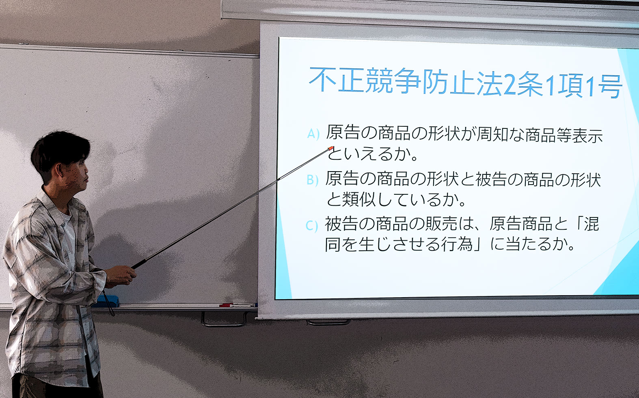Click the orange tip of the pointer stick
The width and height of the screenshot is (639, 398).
click(x=331, y=148)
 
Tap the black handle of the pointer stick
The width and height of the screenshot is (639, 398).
click(x=139, y=264)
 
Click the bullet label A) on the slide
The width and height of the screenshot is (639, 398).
click(x=313, y=134)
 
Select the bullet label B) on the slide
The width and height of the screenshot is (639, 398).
click(x=312, y=180)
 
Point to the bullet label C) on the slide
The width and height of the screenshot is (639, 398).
click(x=311, y=226)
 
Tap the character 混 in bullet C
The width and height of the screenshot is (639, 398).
click(x=591, y=224)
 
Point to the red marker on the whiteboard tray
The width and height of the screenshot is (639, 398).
click(x=226, y=305)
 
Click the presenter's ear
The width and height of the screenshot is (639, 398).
click(x=60, y=171)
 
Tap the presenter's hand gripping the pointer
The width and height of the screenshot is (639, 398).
click(x=121, y=276)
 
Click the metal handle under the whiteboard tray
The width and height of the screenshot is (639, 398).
click(x=224, y=320)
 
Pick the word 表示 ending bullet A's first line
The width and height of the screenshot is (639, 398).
click(x=588, y=135)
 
